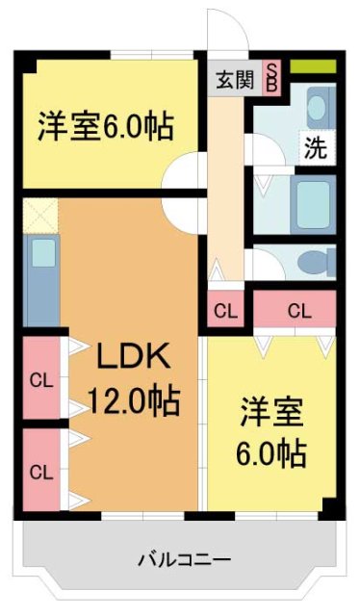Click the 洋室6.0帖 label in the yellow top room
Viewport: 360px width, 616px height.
pyautogui.click(x=106, y=126)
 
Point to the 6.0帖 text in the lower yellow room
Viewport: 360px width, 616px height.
pyautogui.click(x=271, y=451)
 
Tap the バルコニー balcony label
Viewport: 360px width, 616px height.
pyautogui.click(x=183, y=558)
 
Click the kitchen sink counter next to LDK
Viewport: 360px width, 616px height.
pyautogui.click(x=41, y=279)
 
